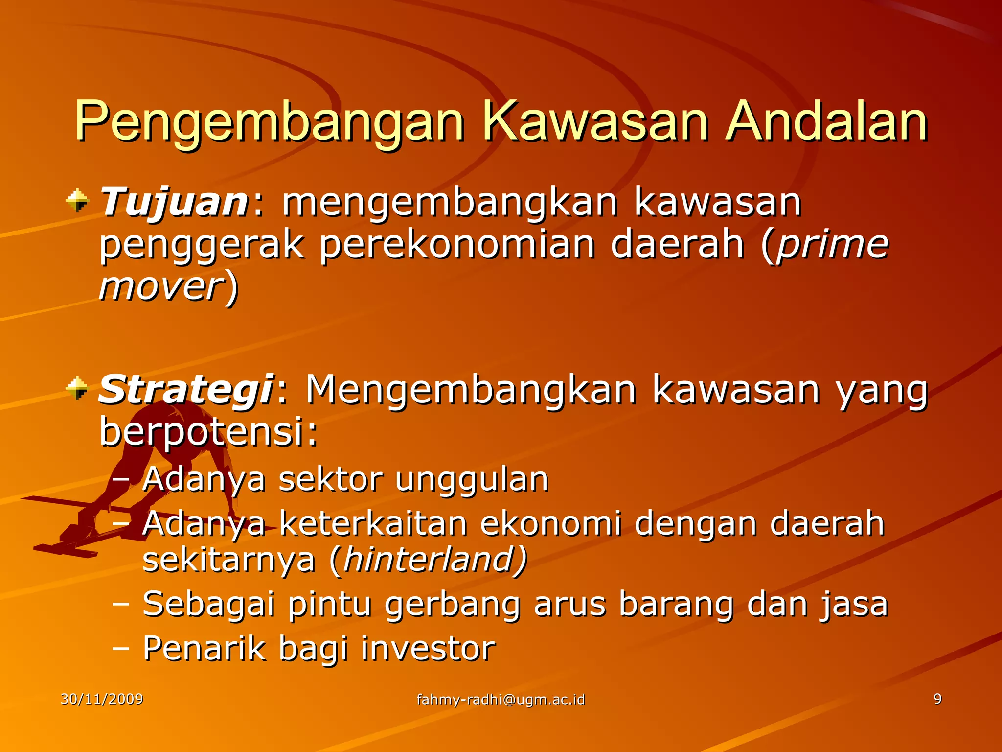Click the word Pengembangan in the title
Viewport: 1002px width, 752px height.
tap(269, 121)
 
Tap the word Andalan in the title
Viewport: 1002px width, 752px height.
tap(826, 121)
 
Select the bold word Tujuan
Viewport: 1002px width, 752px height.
tap(174, 202)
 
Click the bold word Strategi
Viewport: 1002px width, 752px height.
tap(185, 389)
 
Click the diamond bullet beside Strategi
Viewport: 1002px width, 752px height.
tap(78, 388)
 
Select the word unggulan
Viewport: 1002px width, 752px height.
tap(472, 479)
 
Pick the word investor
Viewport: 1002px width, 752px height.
tap(428, 649)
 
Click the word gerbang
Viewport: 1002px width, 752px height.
tap(453, 605)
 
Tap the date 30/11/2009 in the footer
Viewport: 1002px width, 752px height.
tap(102, 699)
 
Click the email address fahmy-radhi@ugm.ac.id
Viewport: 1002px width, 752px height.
tap(501, 699)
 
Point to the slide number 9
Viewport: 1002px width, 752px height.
tap(937, 699)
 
